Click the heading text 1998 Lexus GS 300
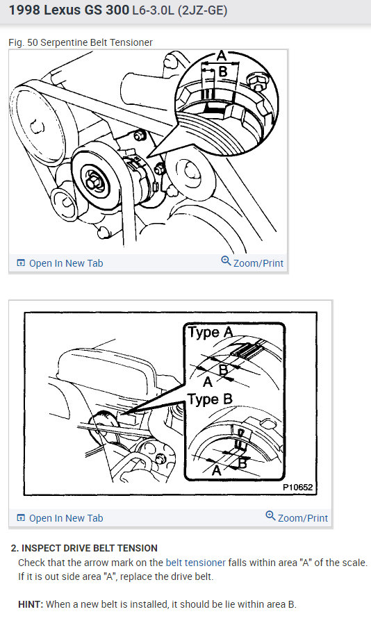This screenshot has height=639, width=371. point(69,10)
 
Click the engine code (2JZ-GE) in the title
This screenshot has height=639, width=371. point(202,10)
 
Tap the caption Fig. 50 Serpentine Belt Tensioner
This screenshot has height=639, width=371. point(81,42)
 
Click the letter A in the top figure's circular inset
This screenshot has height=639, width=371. point(220,56)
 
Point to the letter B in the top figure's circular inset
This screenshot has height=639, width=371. point(222,72)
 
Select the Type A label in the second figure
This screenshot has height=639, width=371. point(211,333)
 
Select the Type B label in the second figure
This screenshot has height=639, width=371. point(210,399)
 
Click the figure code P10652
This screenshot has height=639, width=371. point(297,488)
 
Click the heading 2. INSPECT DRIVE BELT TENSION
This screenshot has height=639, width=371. point(84,548)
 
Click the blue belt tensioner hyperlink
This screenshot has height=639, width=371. point(196,563)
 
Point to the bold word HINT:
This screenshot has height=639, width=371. point(31,604)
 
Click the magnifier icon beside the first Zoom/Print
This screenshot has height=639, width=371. point(226,260)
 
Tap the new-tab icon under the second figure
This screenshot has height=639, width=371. point(21,518)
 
